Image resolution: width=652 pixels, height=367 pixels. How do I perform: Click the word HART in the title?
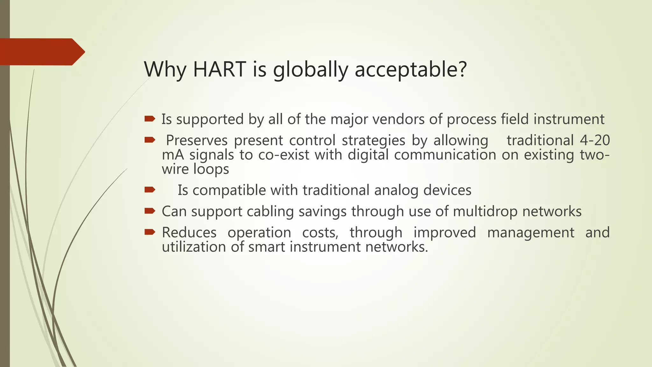pyautogui.click(x=219, y=69)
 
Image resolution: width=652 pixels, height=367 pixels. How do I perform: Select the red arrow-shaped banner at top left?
pyautogui.click(x=41, y=52)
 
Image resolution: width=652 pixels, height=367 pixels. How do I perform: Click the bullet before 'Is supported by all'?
pyautogui.click(x=150, y=119)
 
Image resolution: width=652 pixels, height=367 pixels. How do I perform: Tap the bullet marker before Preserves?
pyautogui.click(x=150, y=140)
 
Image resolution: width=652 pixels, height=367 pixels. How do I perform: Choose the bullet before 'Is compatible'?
pyautogui.click(x=150, y=190)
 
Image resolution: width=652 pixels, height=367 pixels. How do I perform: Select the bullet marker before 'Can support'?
pyautogui.click(x=150, y=211)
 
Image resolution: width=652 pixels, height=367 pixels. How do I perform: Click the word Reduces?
pyautogui.click(x=189, y=232)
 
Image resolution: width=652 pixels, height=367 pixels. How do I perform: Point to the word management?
pyautogui.click(x=531, y=232)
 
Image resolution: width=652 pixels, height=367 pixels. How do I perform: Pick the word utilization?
pyautogui.click(x=194, y=247)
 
